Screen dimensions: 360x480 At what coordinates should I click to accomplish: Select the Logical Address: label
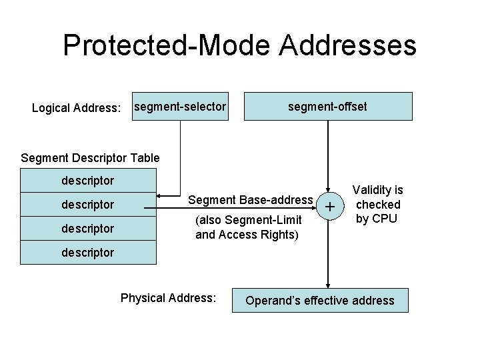pyautogui.click(x=77, y=107)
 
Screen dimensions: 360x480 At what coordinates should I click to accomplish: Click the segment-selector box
pyautogui.click(x=180, y=106)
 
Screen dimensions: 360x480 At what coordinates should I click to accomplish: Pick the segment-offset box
pyautogui.click(x=327, y=106)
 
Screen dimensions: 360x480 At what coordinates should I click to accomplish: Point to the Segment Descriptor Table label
pyautogui.click(x=90, y=158)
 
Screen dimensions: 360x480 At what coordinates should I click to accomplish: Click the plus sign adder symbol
pyautogui.click(x=328, y=207)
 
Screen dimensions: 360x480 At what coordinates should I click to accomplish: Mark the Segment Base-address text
pyautogui.click(x=250, y=199)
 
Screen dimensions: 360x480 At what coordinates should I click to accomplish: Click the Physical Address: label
pyautogui.click(x=168, y=298)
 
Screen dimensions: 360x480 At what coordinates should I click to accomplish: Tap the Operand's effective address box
pyautogui.click(x=320, y=300)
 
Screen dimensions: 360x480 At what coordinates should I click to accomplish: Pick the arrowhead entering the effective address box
pyautogui.click(x=328, y=285)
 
